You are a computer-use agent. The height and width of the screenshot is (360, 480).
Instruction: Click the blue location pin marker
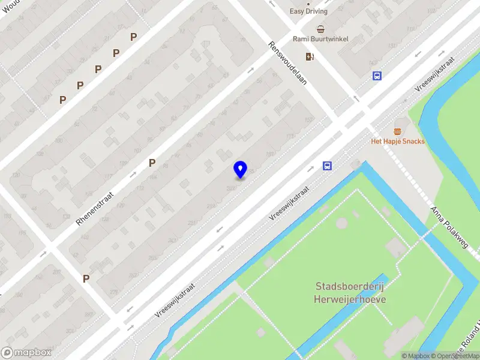click(240, 169)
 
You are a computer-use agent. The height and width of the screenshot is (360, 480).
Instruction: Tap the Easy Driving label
click(309, 11)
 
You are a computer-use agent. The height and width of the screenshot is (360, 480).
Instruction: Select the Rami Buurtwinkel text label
click(320, 39)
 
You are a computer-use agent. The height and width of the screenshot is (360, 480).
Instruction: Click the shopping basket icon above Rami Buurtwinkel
click(321, 29)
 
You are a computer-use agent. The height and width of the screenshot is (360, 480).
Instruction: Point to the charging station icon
click(310, 56)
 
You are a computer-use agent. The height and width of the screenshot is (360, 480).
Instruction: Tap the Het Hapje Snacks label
click(398, 142)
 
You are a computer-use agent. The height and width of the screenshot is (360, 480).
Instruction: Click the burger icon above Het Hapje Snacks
click(397, 131)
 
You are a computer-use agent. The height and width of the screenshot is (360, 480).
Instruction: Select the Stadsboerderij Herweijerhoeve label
click(350, 293)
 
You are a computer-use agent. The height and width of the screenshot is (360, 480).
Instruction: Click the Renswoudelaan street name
click(287, 62)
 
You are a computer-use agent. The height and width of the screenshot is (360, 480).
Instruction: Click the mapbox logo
click(26, 352)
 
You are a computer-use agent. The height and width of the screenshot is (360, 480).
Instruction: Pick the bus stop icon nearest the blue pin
click(327, 166)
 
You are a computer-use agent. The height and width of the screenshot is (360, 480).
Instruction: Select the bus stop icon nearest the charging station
click(377, 76)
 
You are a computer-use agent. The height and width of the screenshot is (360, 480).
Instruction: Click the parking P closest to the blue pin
click(152, 163)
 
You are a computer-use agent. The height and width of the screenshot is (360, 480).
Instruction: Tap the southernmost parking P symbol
click(86, 278)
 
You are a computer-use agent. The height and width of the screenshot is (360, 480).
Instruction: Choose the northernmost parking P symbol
click(133, 37)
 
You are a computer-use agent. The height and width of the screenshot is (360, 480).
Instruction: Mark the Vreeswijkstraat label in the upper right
click(434, 74)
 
